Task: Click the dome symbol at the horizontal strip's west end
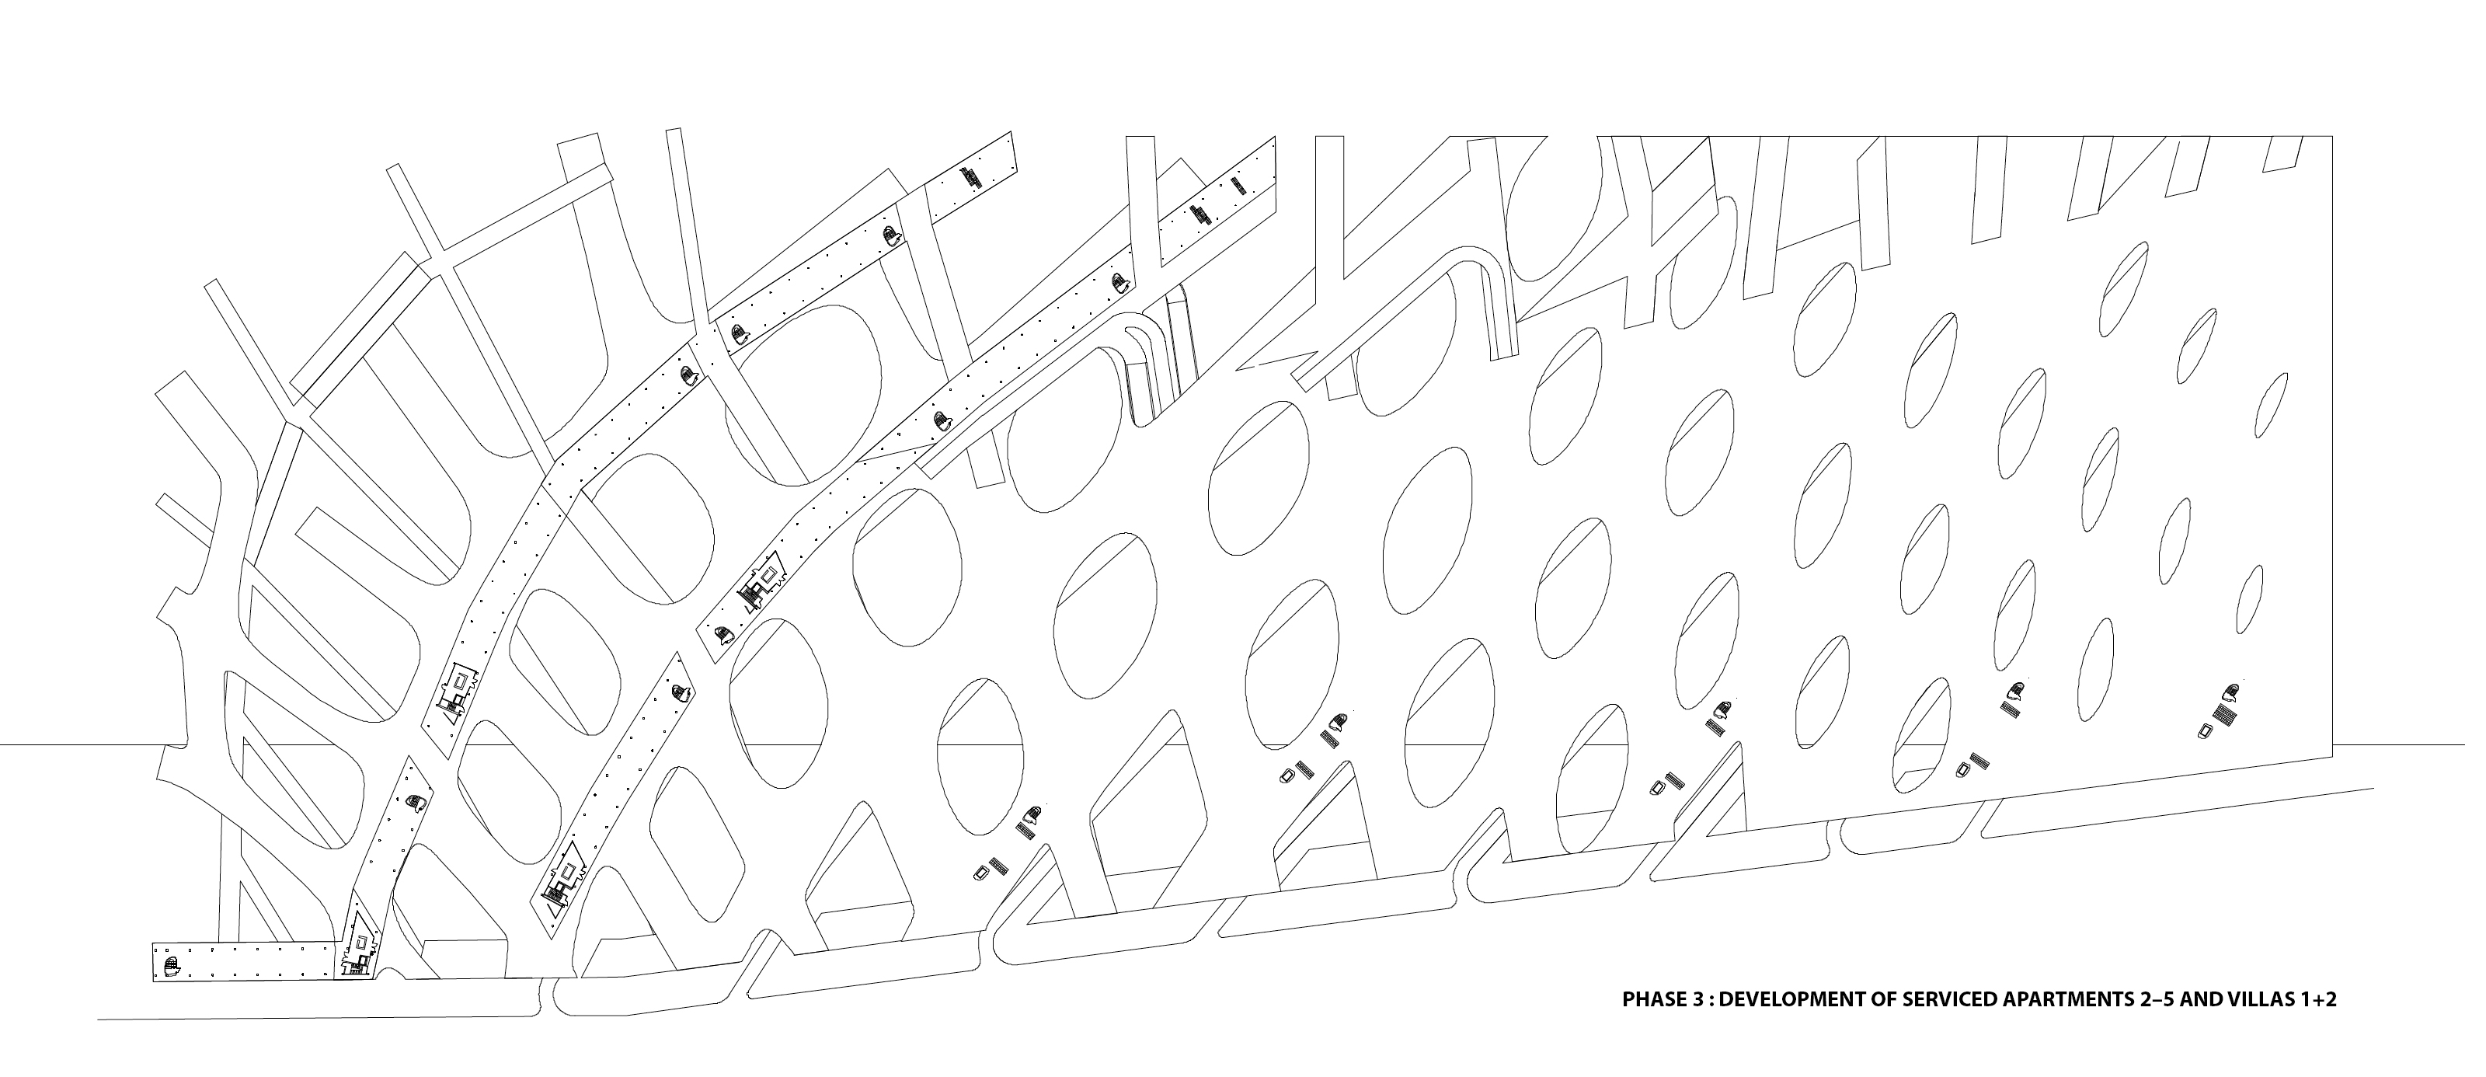(x=171, y=965)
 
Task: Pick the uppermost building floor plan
(x=765, y=581)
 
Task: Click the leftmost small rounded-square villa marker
(x=981, y=873)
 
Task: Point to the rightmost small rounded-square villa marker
(x=2204, y=731)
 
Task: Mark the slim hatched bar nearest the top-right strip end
(x=1238, y=184)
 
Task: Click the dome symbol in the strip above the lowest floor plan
(x=416, y=802)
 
